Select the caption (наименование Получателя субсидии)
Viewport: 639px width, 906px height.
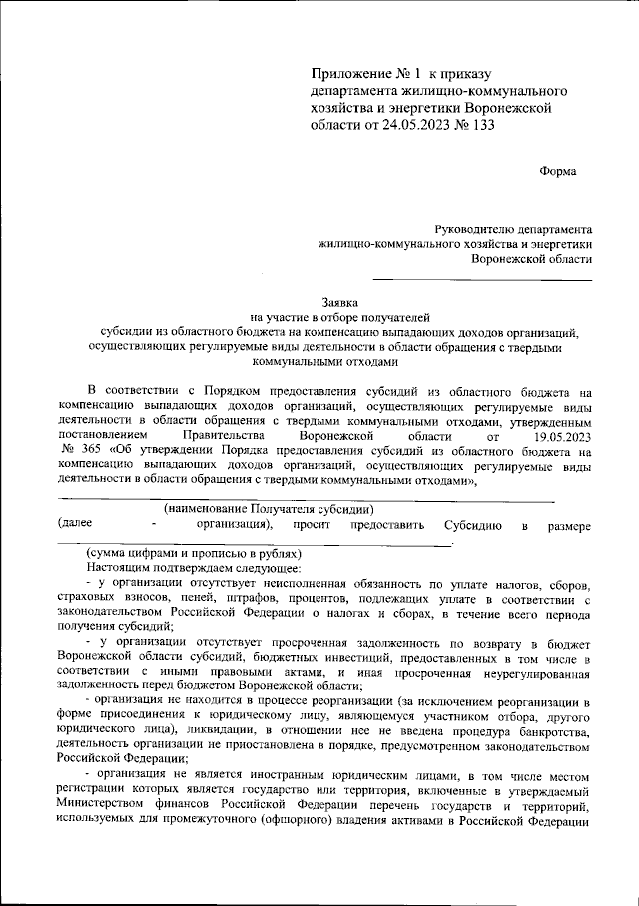tap(269, 509)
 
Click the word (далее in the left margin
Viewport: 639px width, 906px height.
tap(76, 524)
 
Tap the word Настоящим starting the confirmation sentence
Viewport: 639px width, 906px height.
tap(117, 567)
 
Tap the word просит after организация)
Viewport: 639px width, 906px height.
tap(311, 525)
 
